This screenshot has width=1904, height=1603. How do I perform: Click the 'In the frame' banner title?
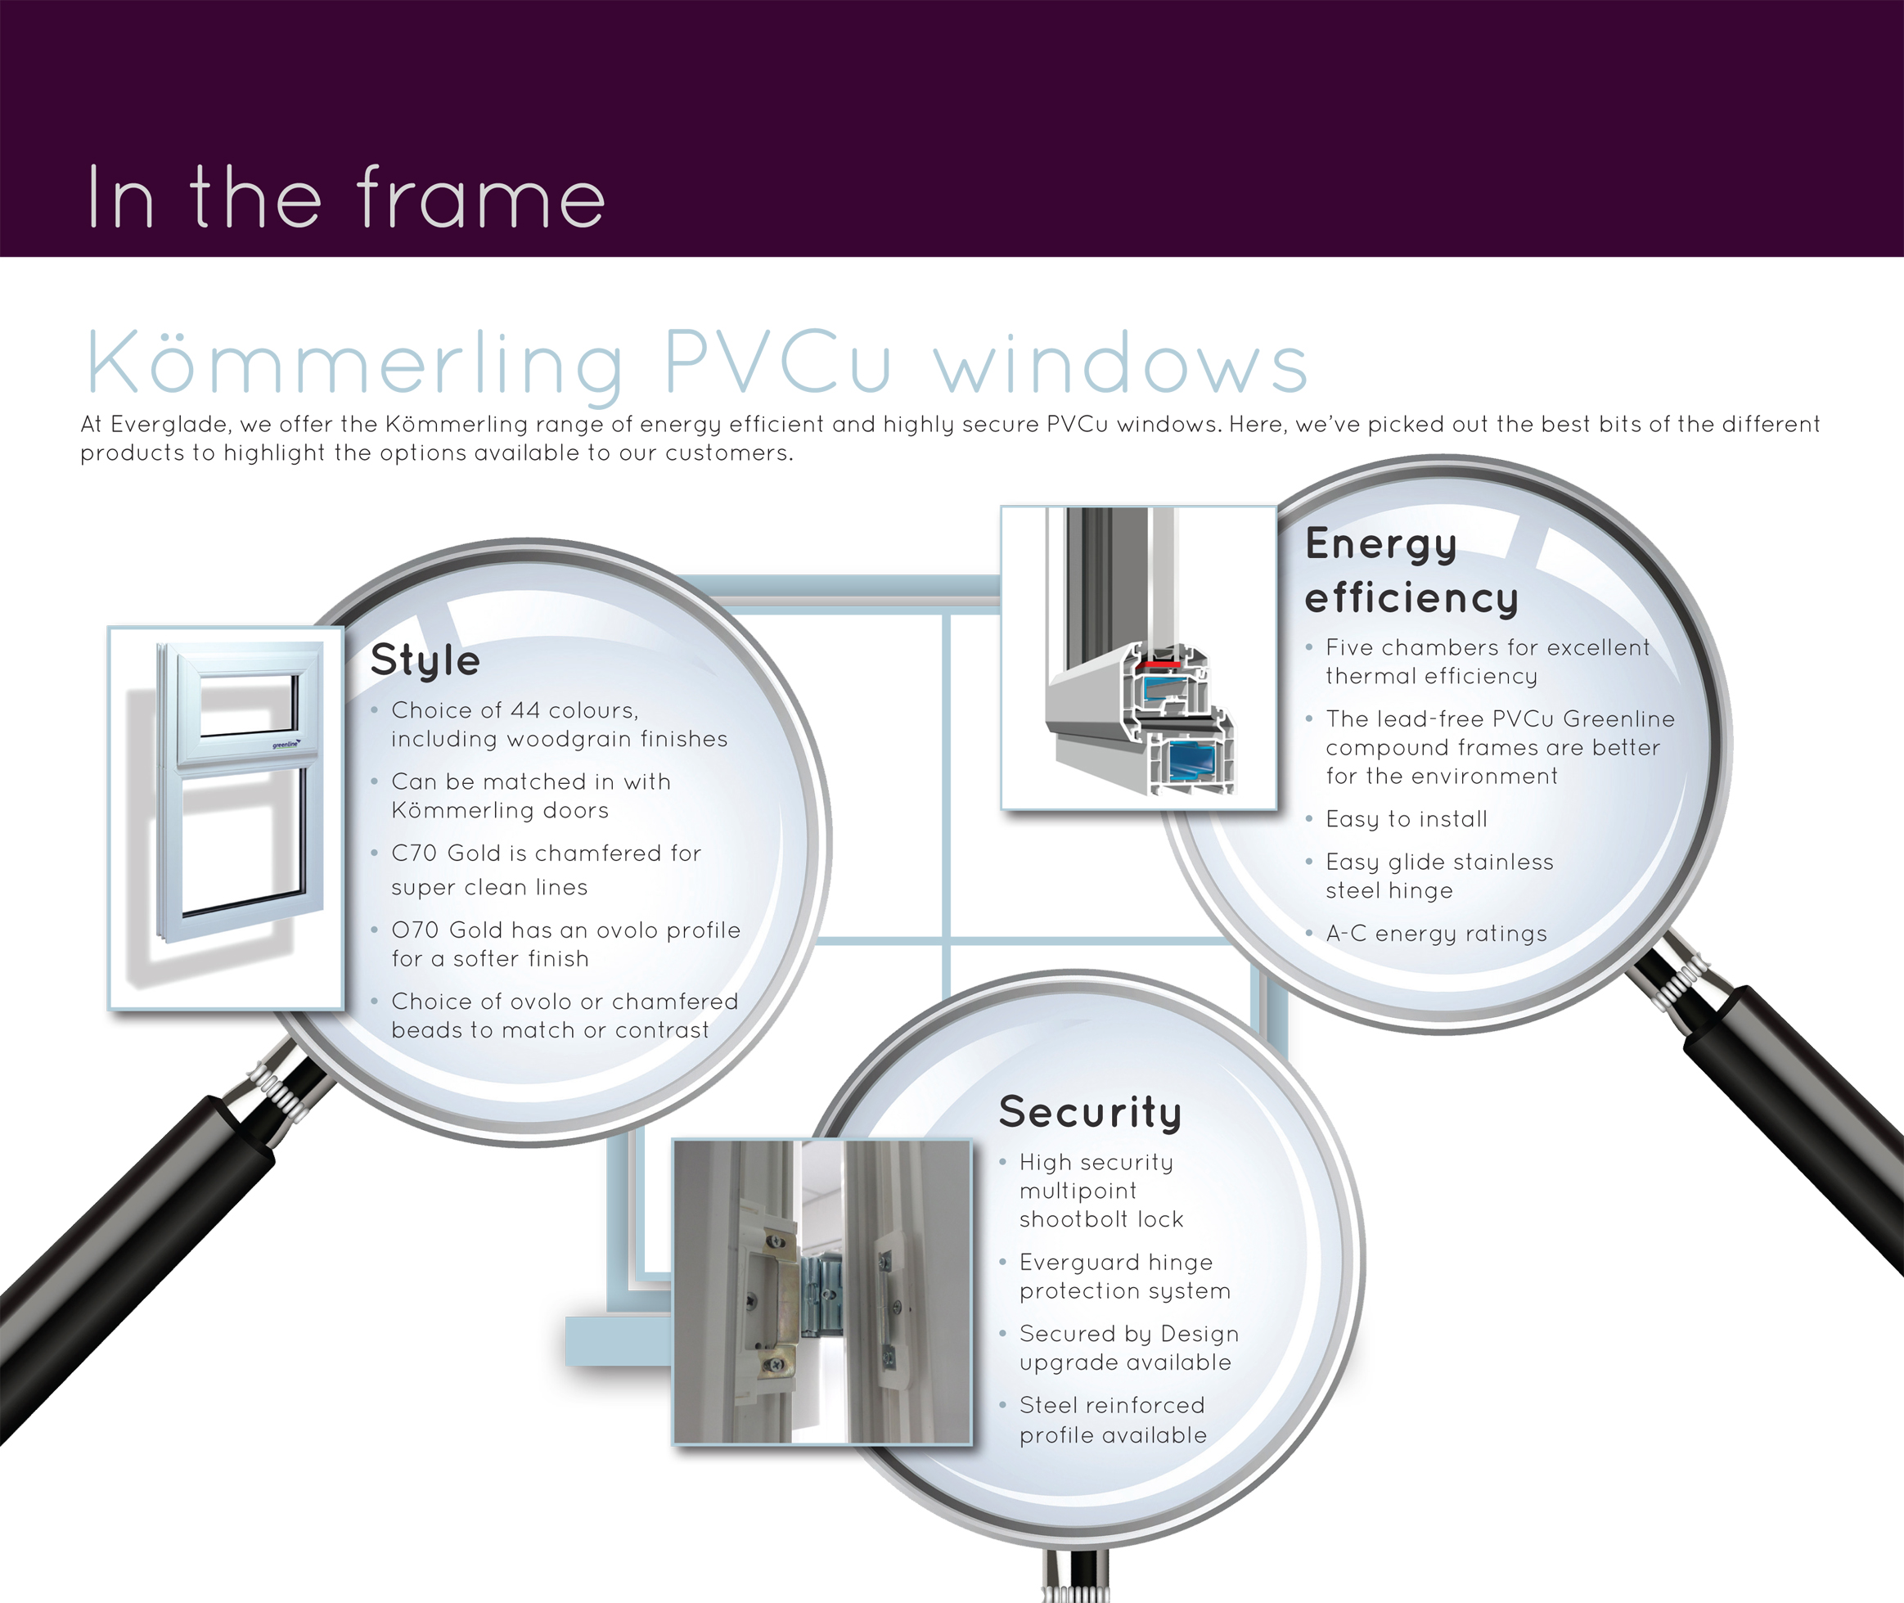coord(345,198)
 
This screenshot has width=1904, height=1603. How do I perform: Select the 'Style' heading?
coord(425,660)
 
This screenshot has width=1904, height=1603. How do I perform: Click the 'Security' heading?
coord(1090,1112)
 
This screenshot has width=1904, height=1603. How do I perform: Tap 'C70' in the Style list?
coord(413,853)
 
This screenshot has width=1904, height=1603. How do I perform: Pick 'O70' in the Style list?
coord(414,930)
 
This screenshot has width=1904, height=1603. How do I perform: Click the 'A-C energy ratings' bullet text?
coord(1436,934)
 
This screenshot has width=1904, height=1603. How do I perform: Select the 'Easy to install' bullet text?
coord(1406,820)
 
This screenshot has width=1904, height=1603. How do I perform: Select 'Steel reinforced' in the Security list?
coord(1111,1406)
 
